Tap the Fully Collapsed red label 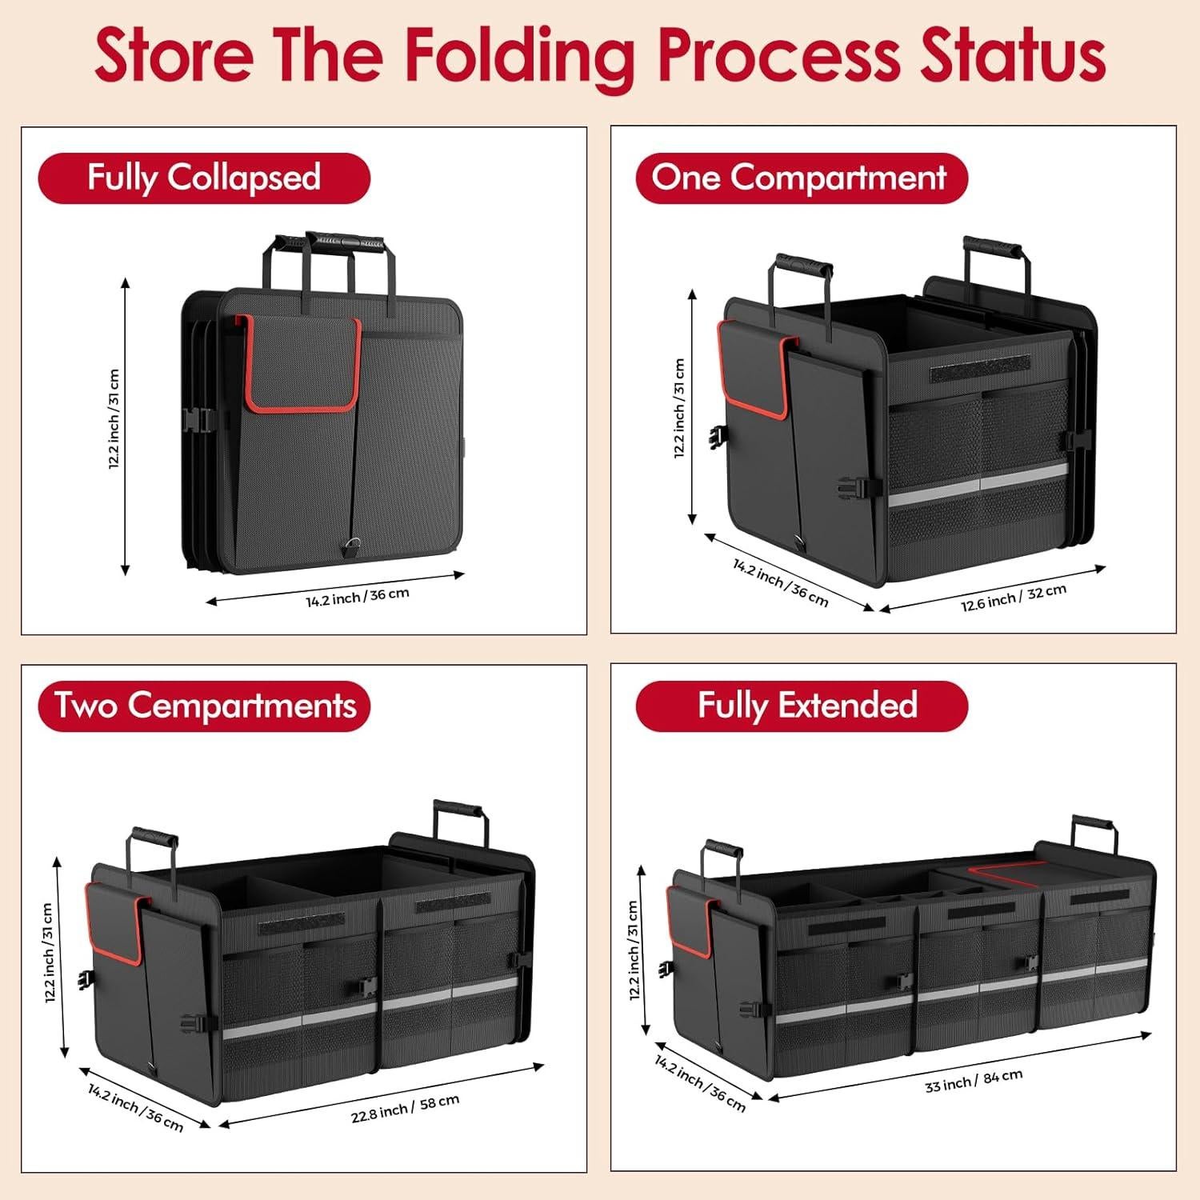click(x=204, y=178)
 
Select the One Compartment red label click(x=801, y=178)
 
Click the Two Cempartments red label click(x=204, y=706)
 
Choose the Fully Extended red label click(x=801, y=706)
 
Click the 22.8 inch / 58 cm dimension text click(x=405, y=1108)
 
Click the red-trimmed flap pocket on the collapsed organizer click(x=301, y=364)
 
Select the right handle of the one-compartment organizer click(x=992, y=246)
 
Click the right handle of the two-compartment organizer click(x=459, y=810)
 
